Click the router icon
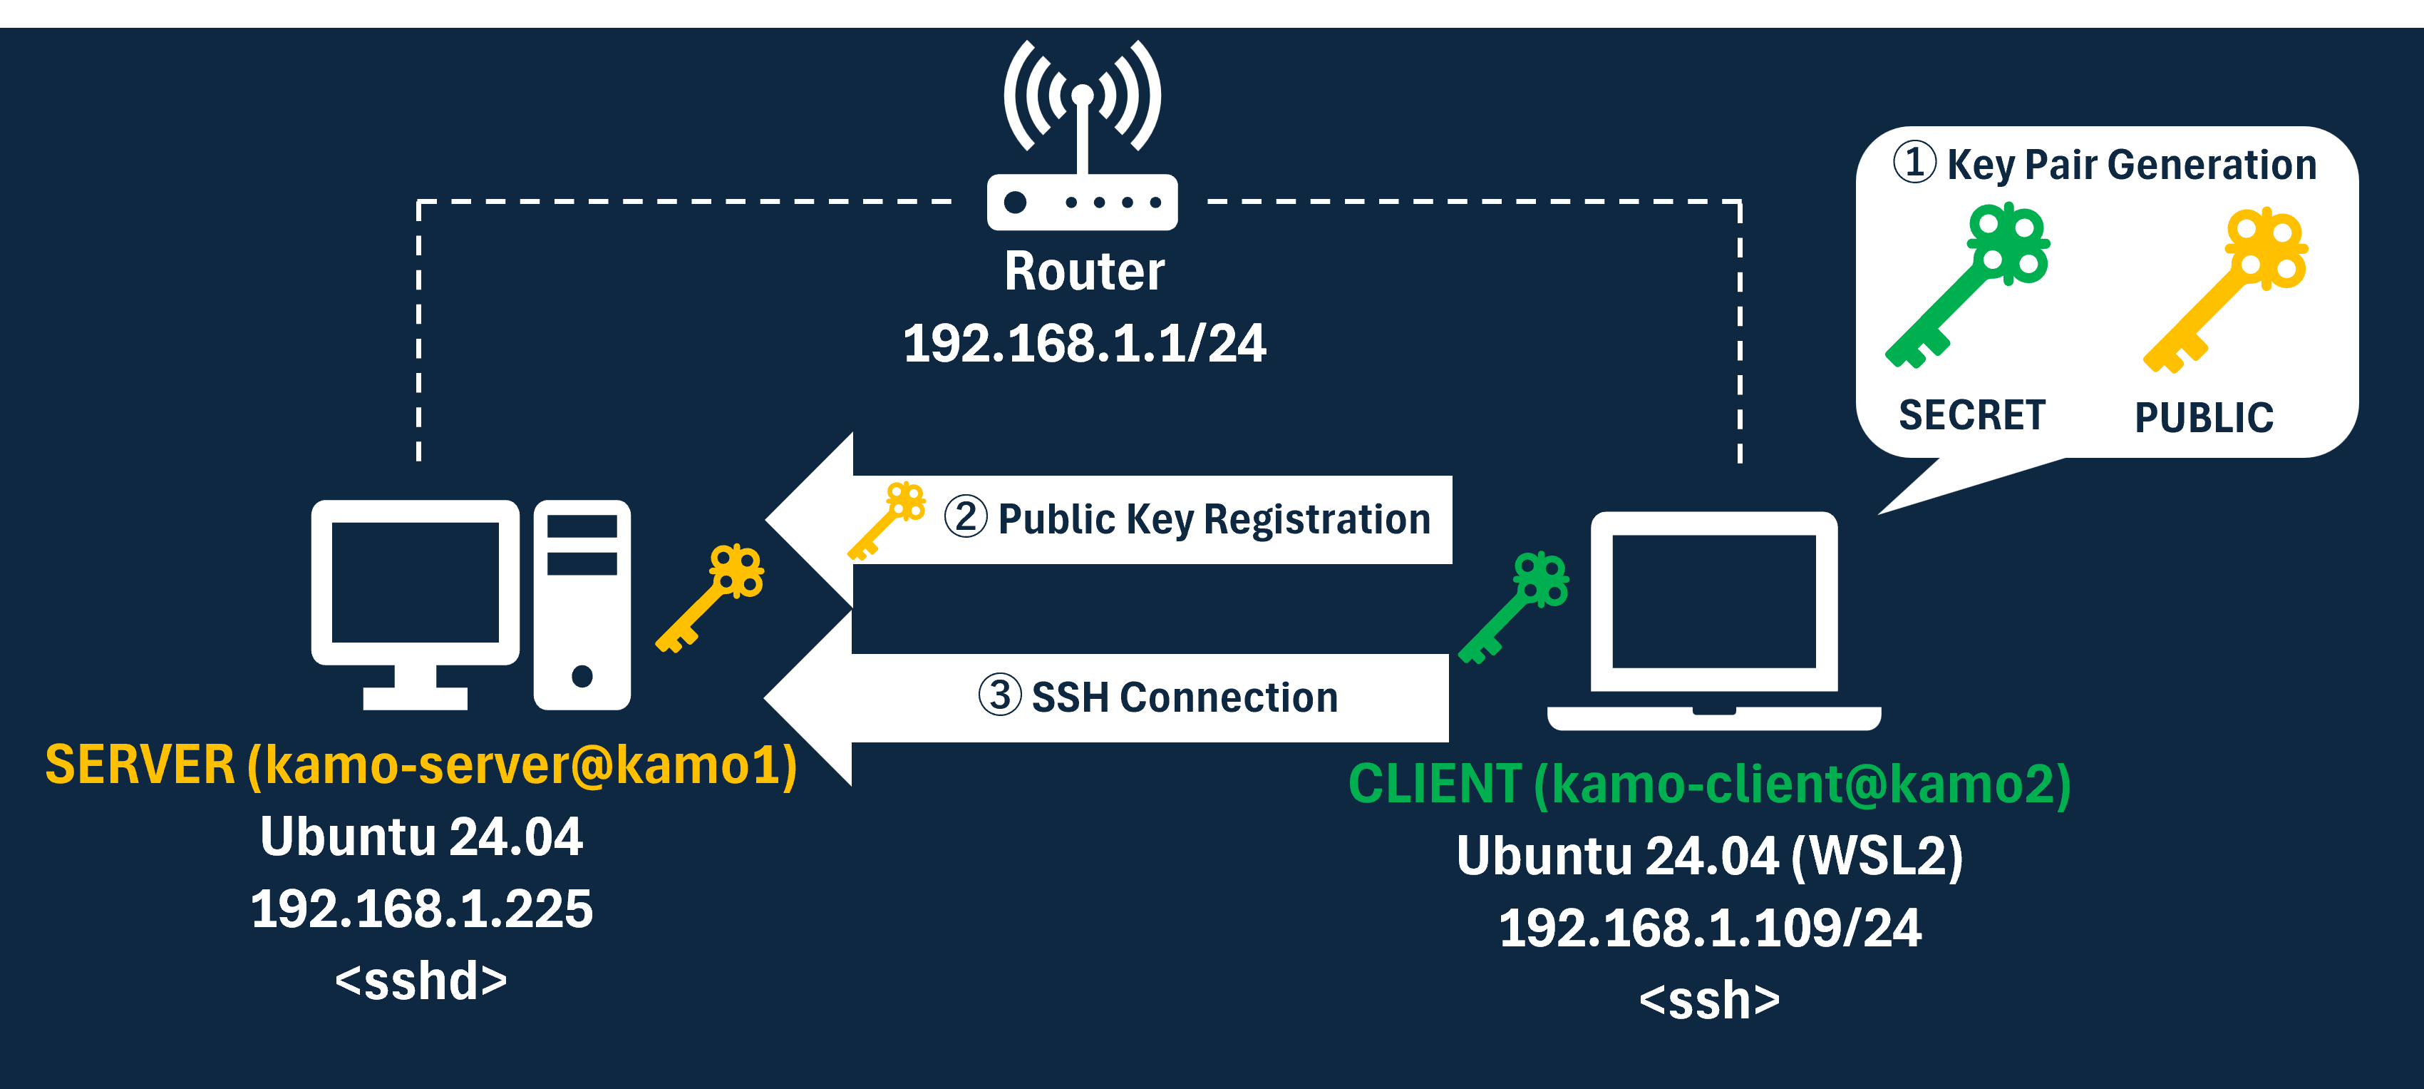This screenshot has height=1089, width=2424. click(1082, 141)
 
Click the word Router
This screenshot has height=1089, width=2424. click(1084, 271)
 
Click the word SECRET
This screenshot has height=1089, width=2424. click(1972, 415)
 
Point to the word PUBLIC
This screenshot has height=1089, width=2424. click(2204, 417)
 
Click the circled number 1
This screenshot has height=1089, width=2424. click(1914, 162)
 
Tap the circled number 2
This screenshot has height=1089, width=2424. click(966, 517)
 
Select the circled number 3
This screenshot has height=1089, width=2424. click(999, 695)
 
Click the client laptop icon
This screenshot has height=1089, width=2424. click(1713, 621)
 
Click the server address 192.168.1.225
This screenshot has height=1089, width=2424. click(421, 909)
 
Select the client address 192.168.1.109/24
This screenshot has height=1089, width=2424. click(1710, 928)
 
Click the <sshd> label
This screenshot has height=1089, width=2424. click(421, 981)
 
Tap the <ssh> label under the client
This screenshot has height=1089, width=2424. click(1710, 1000)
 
